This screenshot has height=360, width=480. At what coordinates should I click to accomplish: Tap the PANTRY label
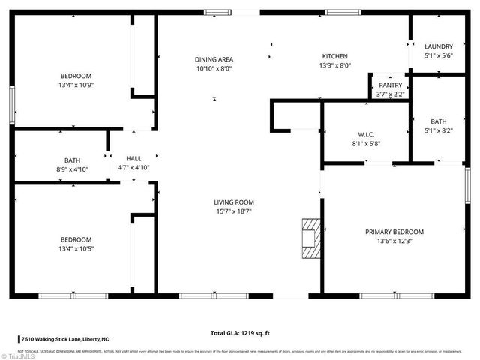(390, 85)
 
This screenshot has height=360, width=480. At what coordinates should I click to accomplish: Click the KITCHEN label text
(335, 56)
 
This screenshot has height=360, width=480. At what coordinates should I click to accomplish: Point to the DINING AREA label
(214, 59)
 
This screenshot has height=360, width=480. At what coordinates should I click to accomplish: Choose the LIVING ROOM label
(234, 202)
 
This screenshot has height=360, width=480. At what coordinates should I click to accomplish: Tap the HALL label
(133, 158)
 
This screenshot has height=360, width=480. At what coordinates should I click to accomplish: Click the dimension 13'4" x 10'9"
(76, 85)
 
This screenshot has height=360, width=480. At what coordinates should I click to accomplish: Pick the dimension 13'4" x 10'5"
(76, 248)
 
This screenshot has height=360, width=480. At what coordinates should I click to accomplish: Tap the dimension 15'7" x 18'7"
(234, 211)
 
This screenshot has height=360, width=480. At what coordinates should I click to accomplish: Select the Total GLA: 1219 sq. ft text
(241, 332)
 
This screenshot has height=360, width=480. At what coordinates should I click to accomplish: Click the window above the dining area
(218, 12)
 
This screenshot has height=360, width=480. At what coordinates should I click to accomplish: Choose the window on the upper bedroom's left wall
(11, 105)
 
